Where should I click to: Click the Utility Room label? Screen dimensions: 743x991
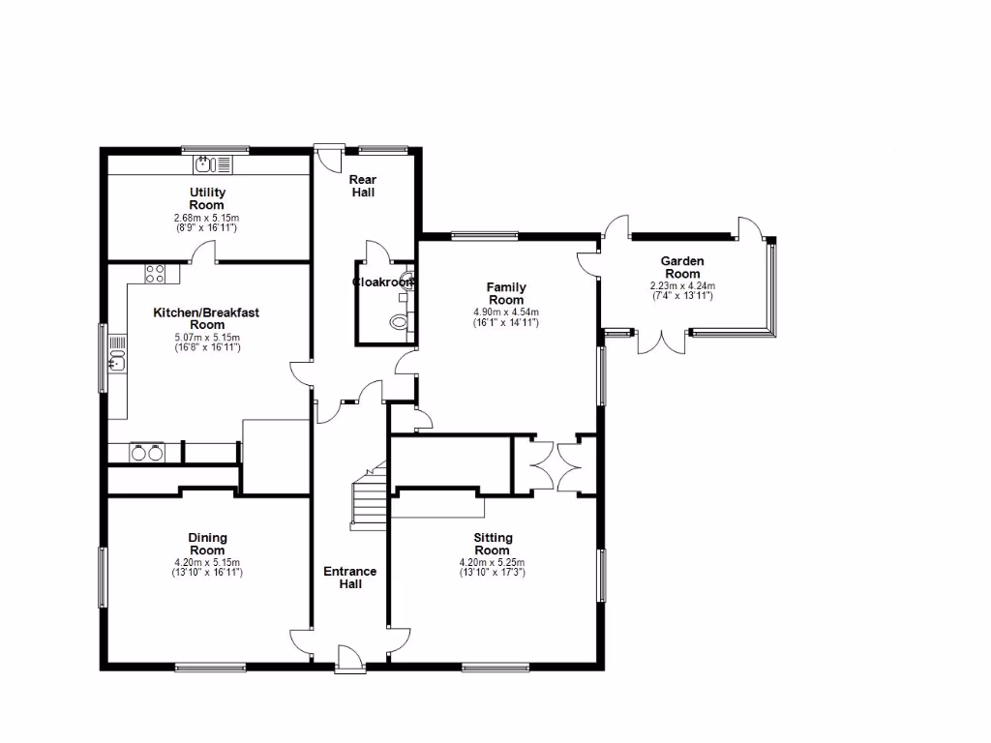click(207, 199)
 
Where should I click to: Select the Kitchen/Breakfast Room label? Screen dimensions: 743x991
click(206, 318)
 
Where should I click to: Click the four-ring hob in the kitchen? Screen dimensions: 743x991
click(155, 274)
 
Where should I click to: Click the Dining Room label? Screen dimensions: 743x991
click(207, 543)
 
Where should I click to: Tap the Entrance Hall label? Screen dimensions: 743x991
click(349, 578)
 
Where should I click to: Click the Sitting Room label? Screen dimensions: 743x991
click(493, 543)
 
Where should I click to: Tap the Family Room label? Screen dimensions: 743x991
click(505, 293)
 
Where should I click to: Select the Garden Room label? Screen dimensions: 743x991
click(682, 267)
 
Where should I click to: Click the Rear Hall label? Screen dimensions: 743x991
click(362, 186)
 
